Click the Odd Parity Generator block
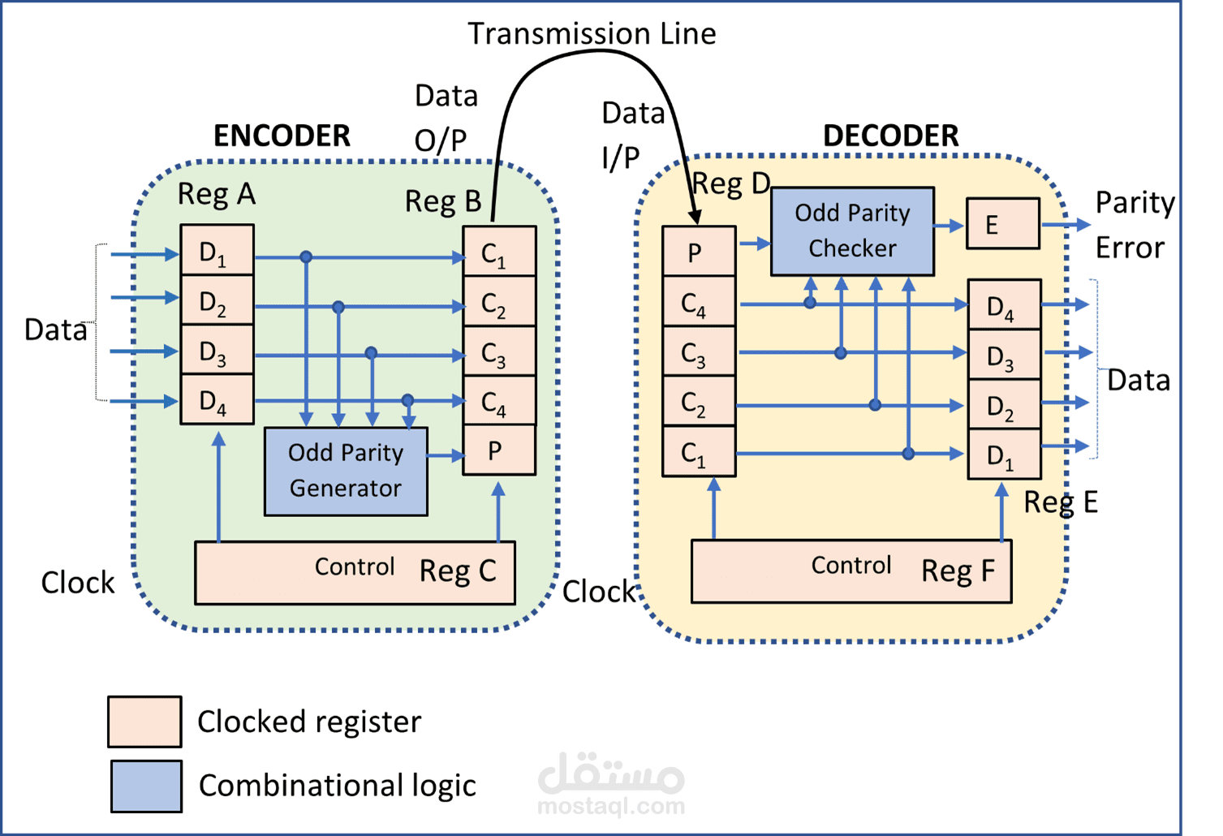pos(346,471)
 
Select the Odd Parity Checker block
pos(852,231)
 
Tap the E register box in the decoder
pos(1002,223)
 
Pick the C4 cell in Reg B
pos(498,401)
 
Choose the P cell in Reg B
pos(498,450)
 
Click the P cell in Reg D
pos(699,252)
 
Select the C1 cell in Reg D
pos(699,453)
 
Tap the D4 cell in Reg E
pos(1004,306)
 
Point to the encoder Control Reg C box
pos(355,572)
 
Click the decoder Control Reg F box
pos(851,571)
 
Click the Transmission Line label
pos(592,34)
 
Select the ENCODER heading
pos(282,136)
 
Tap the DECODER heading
pos(890,136)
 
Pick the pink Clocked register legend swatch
pos(144,721)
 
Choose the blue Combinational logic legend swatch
pos(146,786)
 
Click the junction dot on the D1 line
pos(306,257)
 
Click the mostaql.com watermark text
pos(611,806)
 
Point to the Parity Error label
pos(1133,225)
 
